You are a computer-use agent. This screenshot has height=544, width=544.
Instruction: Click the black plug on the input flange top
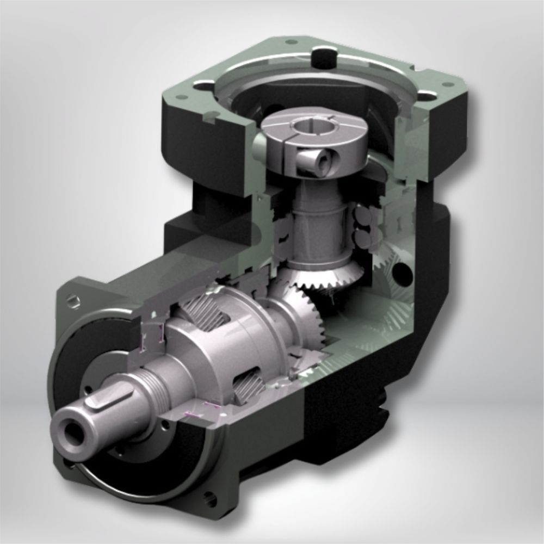[325, 58]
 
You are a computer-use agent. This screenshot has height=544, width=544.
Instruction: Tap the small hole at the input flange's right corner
[447, 85]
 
